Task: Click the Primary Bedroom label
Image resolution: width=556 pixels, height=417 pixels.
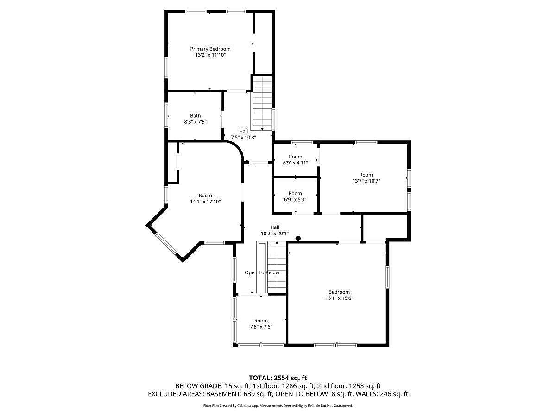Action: tap(210, 49)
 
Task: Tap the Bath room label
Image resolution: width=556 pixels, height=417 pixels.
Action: tap(196, 116)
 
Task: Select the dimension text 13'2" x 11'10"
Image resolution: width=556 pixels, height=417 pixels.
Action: tap(210, 55)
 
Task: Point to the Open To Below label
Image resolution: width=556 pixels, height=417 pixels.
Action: tap(262, 272)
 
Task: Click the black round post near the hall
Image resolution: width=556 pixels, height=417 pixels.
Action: tap(298, 238)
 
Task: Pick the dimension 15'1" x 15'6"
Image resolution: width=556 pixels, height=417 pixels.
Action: tap(339, 298)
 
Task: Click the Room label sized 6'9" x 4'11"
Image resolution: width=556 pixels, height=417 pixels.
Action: tap(295, 157)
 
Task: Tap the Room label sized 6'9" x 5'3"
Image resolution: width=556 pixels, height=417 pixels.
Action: tap(295, 193)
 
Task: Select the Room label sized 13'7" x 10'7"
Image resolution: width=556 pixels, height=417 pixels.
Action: tap(366, 175)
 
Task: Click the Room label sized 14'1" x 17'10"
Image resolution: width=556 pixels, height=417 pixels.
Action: tap(205, 196)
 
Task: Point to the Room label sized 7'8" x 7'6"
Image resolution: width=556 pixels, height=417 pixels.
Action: tap(261, 321)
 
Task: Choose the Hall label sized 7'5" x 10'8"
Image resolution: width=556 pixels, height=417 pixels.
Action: tap(243, 131)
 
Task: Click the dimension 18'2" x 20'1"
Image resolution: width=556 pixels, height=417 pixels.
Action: tap(275, 234)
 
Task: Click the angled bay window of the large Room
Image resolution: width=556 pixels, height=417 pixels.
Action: tap(166, 244)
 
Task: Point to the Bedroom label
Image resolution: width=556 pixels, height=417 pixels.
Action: tap(339, 292)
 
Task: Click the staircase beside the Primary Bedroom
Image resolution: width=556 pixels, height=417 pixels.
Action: tap(262, 103)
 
